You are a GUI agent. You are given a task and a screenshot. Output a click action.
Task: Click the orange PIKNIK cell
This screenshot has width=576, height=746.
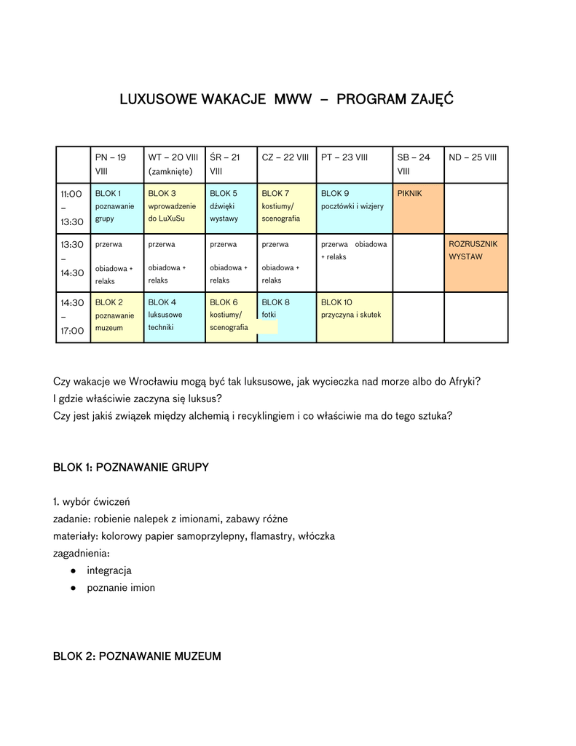tap(417, 208)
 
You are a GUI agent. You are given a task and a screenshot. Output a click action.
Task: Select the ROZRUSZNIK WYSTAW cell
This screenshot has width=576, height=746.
tap(476, 262)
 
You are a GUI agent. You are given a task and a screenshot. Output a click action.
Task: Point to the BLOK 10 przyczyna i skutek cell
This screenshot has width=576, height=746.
tap(354, 316)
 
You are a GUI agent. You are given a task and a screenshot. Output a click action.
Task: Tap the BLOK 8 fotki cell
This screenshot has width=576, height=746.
tap(286, 316)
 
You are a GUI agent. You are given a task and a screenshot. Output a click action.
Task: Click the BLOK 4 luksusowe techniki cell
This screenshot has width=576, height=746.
tap(174, 316)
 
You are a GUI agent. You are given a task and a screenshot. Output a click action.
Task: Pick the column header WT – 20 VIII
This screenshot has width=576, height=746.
tap(173, 164)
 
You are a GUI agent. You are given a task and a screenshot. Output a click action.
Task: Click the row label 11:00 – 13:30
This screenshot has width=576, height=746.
tap(71, 208)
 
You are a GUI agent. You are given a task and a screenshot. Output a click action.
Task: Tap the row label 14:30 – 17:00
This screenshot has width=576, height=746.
tap(71, 316)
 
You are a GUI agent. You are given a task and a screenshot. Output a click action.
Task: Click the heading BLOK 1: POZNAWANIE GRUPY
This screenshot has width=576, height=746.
tap(131, 467)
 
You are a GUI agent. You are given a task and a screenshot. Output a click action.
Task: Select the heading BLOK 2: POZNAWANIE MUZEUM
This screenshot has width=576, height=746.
tap(137, 656)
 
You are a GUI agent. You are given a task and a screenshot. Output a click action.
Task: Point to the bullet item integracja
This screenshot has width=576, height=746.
tap(109, 570)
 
